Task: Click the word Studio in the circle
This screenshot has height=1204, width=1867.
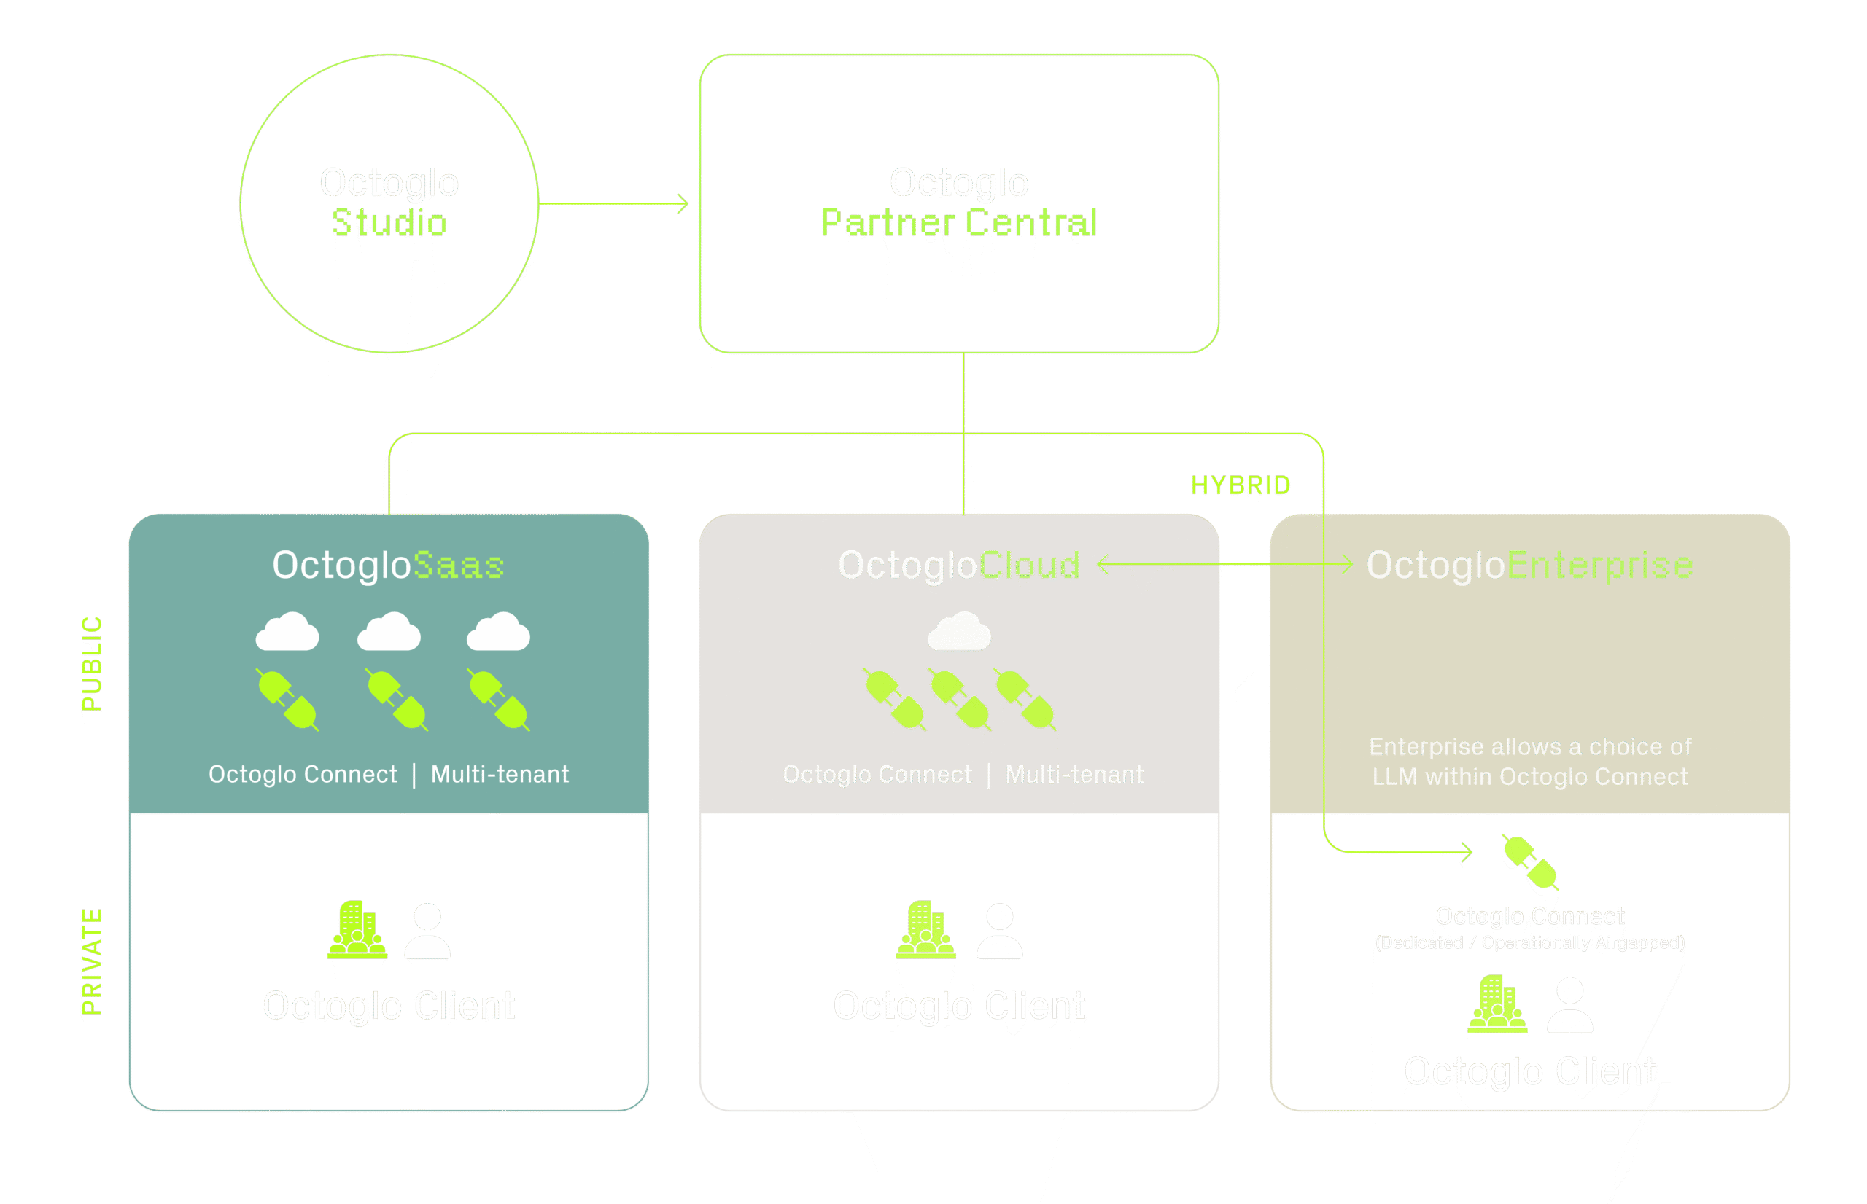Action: (389, 223)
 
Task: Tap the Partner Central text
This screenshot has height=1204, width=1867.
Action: (959, 223)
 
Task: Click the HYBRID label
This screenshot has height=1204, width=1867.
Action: (1241, 485)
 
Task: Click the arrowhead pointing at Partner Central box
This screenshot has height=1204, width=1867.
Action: (683, 204)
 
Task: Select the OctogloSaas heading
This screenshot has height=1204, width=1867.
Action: (388, 565)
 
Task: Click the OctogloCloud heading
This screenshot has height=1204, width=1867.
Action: (959, 565)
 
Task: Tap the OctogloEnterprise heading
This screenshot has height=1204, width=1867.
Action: (1529, 565)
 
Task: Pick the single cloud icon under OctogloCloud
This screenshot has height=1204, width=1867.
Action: (960, 632)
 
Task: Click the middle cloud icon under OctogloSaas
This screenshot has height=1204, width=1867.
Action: (389, 632)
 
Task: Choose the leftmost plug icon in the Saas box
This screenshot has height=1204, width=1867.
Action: (287, 700)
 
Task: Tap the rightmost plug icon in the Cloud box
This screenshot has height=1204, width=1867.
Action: (1025, 699)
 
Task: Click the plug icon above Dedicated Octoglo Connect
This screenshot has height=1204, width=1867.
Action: (1530, 862)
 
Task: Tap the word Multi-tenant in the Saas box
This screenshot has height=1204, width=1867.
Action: (500, 774)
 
